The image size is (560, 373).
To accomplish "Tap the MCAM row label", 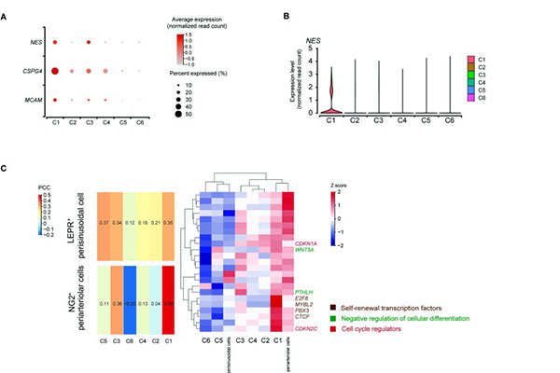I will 32,99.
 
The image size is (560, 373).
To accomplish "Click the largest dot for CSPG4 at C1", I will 56,71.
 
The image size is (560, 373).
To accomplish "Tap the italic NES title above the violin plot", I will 316,40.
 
